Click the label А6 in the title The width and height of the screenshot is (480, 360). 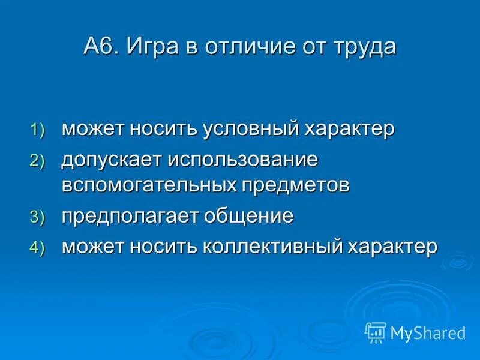pos(103,46)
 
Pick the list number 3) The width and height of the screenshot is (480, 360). pos(38,218)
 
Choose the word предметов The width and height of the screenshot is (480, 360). pos(295,185)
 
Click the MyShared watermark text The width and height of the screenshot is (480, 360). pos(428,332)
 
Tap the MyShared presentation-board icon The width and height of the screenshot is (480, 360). pos(375,332)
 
